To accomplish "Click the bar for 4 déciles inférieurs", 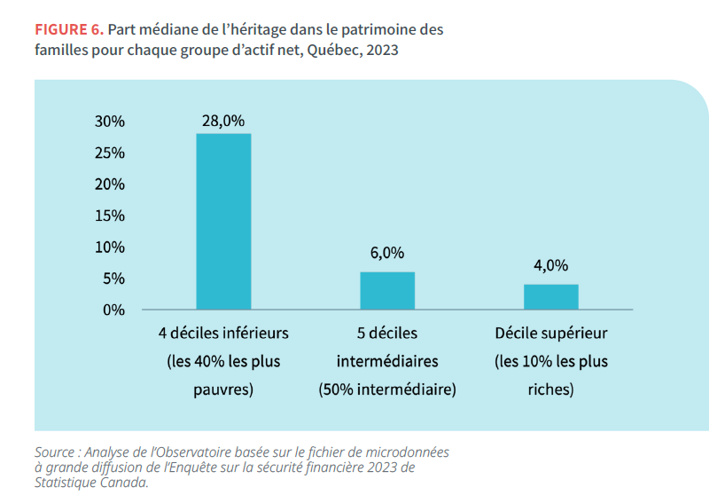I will pos(223,221).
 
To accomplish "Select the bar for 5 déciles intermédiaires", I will pos(387,290).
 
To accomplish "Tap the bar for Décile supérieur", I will pos(551,296).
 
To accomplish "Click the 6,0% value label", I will pos(387,253).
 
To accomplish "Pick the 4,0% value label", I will pos(551,265).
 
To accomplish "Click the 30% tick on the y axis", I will pos(110,122).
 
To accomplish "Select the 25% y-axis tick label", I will pos(110,153).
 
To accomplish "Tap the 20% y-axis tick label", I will pos(110,185).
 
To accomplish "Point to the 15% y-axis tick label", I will pos(110,216).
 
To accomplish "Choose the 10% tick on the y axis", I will pos(110,248).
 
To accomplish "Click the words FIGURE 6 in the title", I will pos(68,29).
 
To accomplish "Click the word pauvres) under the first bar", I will pos(223,389).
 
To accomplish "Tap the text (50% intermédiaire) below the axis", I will pos(387,389).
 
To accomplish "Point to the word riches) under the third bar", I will pos(551,389).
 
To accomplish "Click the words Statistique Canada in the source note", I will pos(91,483).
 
